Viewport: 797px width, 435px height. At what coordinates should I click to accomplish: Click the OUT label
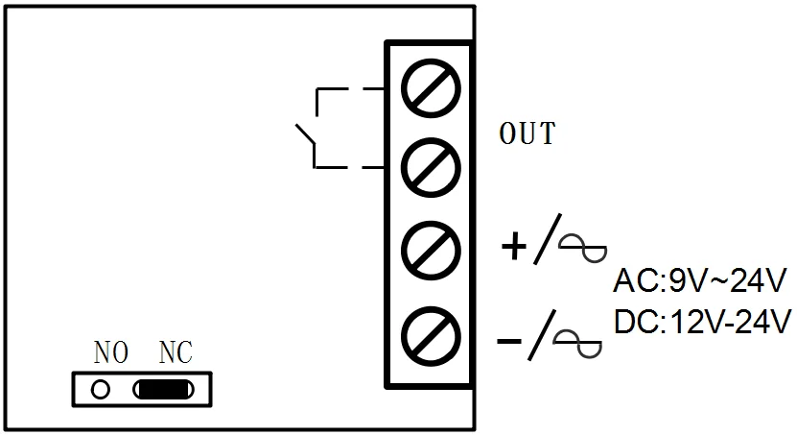(527, 134)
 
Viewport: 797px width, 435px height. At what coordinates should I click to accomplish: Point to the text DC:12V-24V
(701, 322)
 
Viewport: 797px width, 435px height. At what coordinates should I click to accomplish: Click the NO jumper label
(111, 352)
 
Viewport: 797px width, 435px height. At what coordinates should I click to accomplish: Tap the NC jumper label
(175, 352)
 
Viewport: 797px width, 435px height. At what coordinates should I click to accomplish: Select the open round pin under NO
(99, 389)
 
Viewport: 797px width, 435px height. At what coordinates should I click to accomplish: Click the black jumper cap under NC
(165, 389)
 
